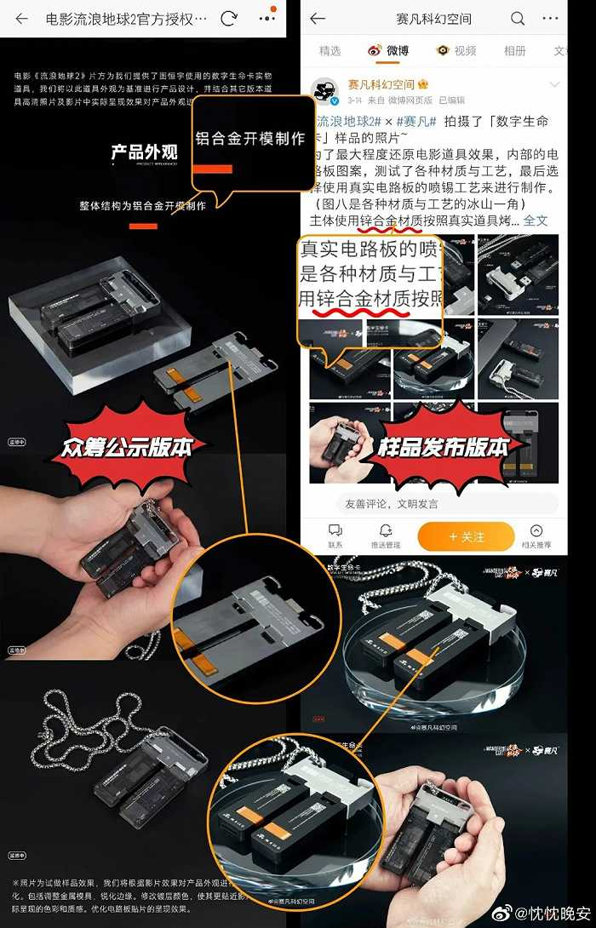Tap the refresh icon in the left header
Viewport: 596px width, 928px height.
(228, 19)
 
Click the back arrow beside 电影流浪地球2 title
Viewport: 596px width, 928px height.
(22, 19)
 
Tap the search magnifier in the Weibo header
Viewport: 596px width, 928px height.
(518, 19)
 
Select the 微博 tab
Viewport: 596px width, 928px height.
(388, 51)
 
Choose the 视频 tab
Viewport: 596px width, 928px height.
(457, 51)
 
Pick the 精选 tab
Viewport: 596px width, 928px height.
(330, 51)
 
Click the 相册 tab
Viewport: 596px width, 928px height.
(514, 51)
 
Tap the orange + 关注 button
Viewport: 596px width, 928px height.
(466, 537)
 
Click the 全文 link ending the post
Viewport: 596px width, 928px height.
(536, 221)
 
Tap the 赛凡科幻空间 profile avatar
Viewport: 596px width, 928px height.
(325, 91)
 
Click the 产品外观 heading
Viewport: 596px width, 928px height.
(144, 152)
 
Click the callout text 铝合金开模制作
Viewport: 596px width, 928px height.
(250, 139)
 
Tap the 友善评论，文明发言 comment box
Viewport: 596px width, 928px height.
(434, 503)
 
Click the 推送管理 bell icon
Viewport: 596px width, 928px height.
(385, 531)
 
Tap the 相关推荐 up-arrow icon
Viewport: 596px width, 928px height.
(536, 531)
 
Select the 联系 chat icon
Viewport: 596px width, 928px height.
(335, 531)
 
